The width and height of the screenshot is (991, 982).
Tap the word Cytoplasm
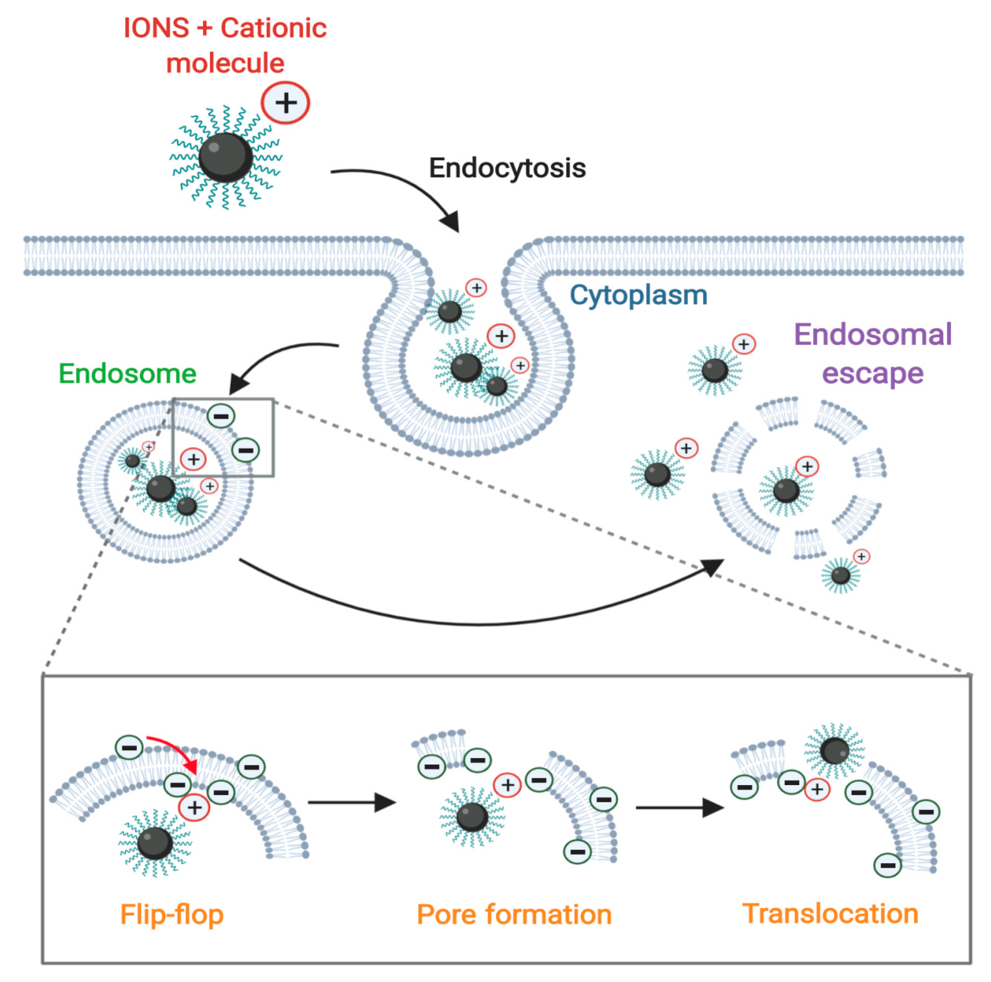638,295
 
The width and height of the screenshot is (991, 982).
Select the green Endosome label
127,374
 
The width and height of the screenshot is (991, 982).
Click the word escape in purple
873,373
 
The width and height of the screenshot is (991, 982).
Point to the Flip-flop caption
172,915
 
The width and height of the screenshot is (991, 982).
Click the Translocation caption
830,914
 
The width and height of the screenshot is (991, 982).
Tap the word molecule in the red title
225,63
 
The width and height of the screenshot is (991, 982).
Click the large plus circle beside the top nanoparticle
286,103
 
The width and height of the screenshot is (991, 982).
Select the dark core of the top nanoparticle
226,157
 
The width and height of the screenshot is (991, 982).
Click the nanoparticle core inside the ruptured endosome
786,491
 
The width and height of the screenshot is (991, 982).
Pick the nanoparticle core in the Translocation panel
834,751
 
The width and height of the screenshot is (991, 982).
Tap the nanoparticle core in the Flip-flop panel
155,842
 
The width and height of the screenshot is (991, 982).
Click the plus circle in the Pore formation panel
507,785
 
